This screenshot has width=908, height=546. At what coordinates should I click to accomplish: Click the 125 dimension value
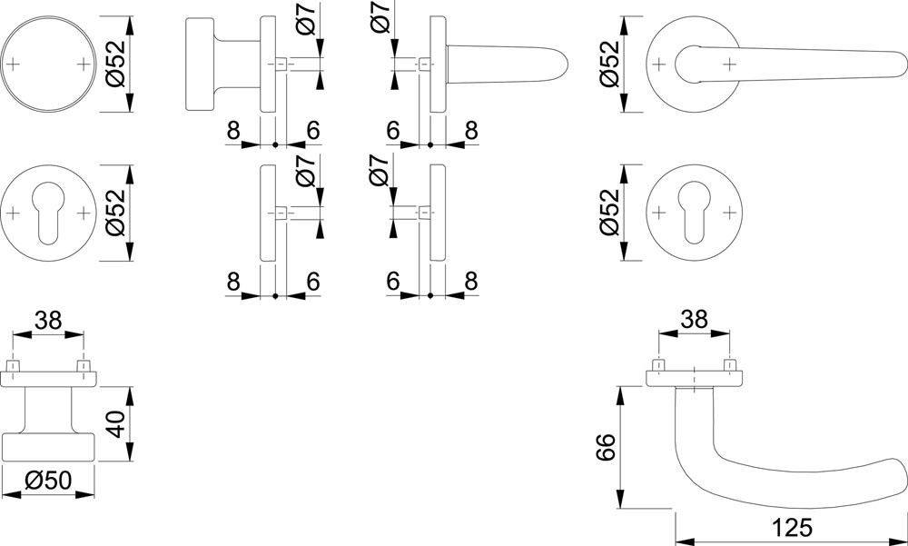click(792, 528)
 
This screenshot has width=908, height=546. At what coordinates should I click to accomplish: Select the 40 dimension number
click(116, 423)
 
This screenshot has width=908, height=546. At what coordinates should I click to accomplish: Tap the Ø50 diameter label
click(49, 480)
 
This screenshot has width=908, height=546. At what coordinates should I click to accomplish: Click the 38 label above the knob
click(48, 320)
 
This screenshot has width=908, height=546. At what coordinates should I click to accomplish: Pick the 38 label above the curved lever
click(694, 319)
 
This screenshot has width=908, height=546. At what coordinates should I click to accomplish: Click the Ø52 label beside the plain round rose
click(116, 64)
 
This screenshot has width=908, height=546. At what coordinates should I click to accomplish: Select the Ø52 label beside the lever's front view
click(610, 64)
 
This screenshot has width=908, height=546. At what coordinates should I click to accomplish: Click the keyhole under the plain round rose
click(48, 213)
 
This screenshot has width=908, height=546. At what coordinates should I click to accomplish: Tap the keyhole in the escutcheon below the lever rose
click(694, 213)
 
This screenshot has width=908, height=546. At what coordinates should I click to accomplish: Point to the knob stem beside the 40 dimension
click(48, 410)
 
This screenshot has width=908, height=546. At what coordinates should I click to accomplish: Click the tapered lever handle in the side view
click(507, 64)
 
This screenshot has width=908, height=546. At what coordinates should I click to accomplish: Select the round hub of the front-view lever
click(695, 64)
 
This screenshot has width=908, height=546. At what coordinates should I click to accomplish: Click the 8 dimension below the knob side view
click(233, 131)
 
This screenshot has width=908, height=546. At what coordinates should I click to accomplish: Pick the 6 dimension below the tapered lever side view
click(393, 131)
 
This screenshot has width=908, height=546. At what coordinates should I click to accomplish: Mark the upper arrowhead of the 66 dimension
click(621, 395)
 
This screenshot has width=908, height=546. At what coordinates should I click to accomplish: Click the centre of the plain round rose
click(48, 64)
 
